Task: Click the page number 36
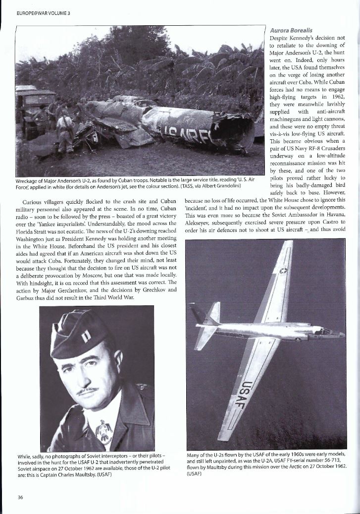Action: [20, 497]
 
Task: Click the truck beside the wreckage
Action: [31, 106]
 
